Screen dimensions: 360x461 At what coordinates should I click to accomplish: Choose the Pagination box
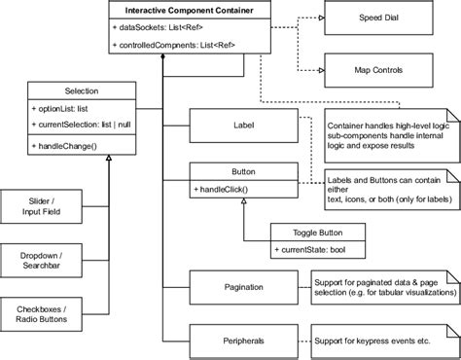(x=244, y=288)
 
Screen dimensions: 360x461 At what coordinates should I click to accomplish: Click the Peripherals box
(x=244, y=340)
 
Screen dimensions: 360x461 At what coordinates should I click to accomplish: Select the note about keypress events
(x=380, y=340)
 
